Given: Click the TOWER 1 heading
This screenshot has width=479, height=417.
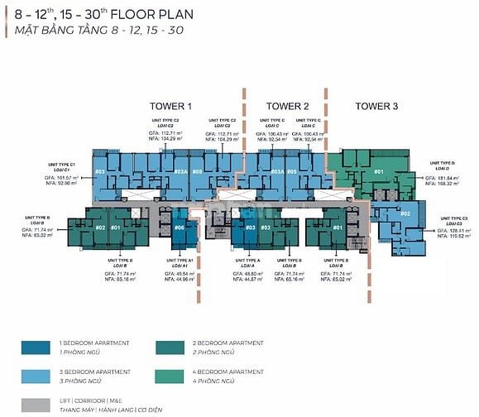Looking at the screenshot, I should tap(170, 106).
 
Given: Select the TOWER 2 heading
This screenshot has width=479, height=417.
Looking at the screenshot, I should tap(287, 106).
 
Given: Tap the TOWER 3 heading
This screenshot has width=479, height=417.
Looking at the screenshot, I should tap(376, 106).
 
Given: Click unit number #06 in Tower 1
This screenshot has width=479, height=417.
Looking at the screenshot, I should tap(180, 228).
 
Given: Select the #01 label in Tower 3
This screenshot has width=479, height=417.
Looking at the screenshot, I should tap(379, 172).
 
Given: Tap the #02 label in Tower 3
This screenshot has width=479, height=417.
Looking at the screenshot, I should tap(405, 213).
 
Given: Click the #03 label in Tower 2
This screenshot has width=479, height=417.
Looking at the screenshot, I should tap(249, 228).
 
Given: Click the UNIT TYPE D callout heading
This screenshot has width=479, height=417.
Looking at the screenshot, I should tap(444, 164).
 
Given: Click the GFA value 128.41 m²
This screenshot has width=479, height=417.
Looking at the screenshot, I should tap(444, 231).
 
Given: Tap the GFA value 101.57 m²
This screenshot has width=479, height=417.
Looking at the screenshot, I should tap(61, 178).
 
